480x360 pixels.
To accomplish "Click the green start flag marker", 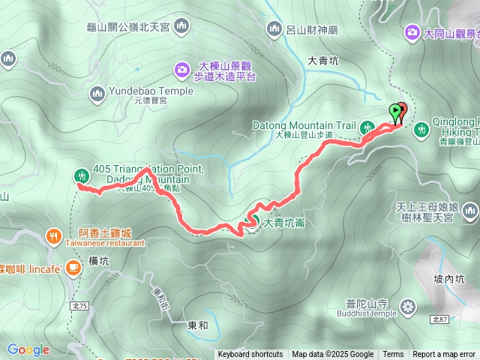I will [x=395, y=112].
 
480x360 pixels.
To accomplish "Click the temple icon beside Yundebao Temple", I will [x=96, y=94].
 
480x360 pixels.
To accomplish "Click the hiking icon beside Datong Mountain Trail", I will [x=367, y=127].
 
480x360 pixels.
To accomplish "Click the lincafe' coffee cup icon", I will [x=73, y=266].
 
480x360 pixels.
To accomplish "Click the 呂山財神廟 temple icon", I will [x=273, y=28].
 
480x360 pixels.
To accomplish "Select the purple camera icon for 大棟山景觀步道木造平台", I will [x=181, y=70].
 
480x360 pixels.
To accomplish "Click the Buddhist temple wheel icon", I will [x=408, y=307].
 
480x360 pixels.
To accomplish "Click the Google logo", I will [x=28, y=349].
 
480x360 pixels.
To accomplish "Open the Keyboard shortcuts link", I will [x=250, y=355].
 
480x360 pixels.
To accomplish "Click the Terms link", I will [x=393, y=355].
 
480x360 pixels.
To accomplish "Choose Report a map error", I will [x=445, y=355].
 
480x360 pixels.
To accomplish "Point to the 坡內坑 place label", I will [x=449, y=278].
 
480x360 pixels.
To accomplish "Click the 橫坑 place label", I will [x=99, y=261].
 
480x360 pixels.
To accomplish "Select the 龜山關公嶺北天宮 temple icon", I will [x=181, y=28].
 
